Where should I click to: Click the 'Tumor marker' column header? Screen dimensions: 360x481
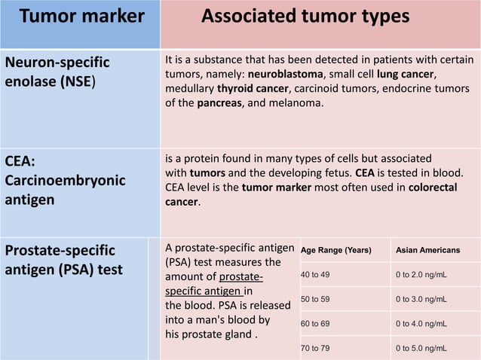click(81, 17)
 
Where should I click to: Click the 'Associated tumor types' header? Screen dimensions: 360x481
click(305, 17)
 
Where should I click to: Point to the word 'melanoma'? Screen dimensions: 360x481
click(296, 103)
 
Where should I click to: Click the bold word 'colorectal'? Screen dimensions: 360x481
click(432, 187)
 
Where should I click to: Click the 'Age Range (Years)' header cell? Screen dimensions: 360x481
click(336, 250)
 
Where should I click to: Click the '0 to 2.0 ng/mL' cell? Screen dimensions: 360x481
click(421, 275)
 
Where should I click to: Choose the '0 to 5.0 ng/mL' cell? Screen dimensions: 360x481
click(421, 349)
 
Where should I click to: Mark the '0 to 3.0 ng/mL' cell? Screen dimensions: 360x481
click(421, 300)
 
